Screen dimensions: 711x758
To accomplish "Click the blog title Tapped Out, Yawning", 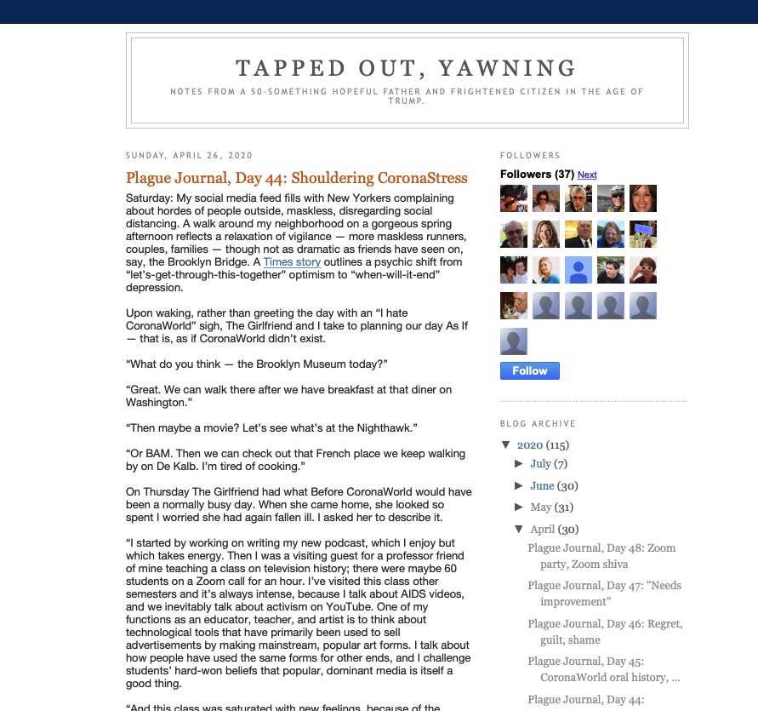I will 406,68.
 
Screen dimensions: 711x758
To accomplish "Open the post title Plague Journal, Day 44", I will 296,178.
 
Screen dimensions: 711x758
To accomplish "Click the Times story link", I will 292,262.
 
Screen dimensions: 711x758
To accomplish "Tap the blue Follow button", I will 529,370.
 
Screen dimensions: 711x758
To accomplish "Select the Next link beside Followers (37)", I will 587,175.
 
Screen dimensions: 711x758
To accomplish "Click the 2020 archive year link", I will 529,444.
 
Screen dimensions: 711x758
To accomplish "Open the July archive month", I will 540,464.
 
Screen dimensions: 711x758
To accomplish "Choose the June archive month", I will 542,485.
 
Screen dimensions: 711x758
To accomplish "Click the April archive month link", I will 542,529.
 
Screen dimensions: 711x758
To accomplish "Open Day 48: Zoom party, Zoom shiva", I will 601,555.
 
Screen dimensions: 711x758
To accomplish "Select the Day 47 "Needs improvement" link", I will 604,593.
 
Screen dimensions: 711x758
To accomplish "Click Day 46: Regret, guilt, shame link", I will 604,631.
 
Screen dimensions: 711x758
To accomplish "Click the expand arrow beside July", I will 519,464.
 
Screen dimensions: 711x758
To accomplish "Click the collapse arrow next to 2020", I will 506,444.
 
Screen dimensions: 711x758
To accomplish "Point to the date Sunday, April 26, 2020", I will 189,156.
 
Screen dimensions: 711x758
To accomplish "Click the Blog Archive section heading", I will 538,423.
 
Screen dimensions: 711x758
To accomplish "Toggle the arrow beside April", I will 519,529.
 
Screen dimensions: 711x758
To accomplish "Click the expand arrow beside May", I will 519,507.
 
